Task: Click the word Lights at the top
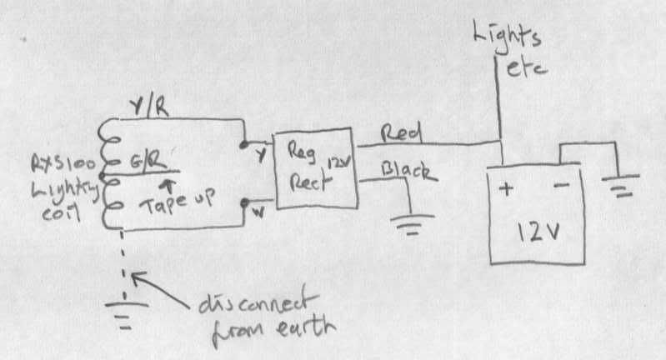[x=504, y=37]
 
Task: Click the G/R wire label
[x=148, y=158]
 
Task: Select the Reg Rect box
[x=316, y=171]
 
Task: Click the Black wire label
[x=408, y=172]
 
